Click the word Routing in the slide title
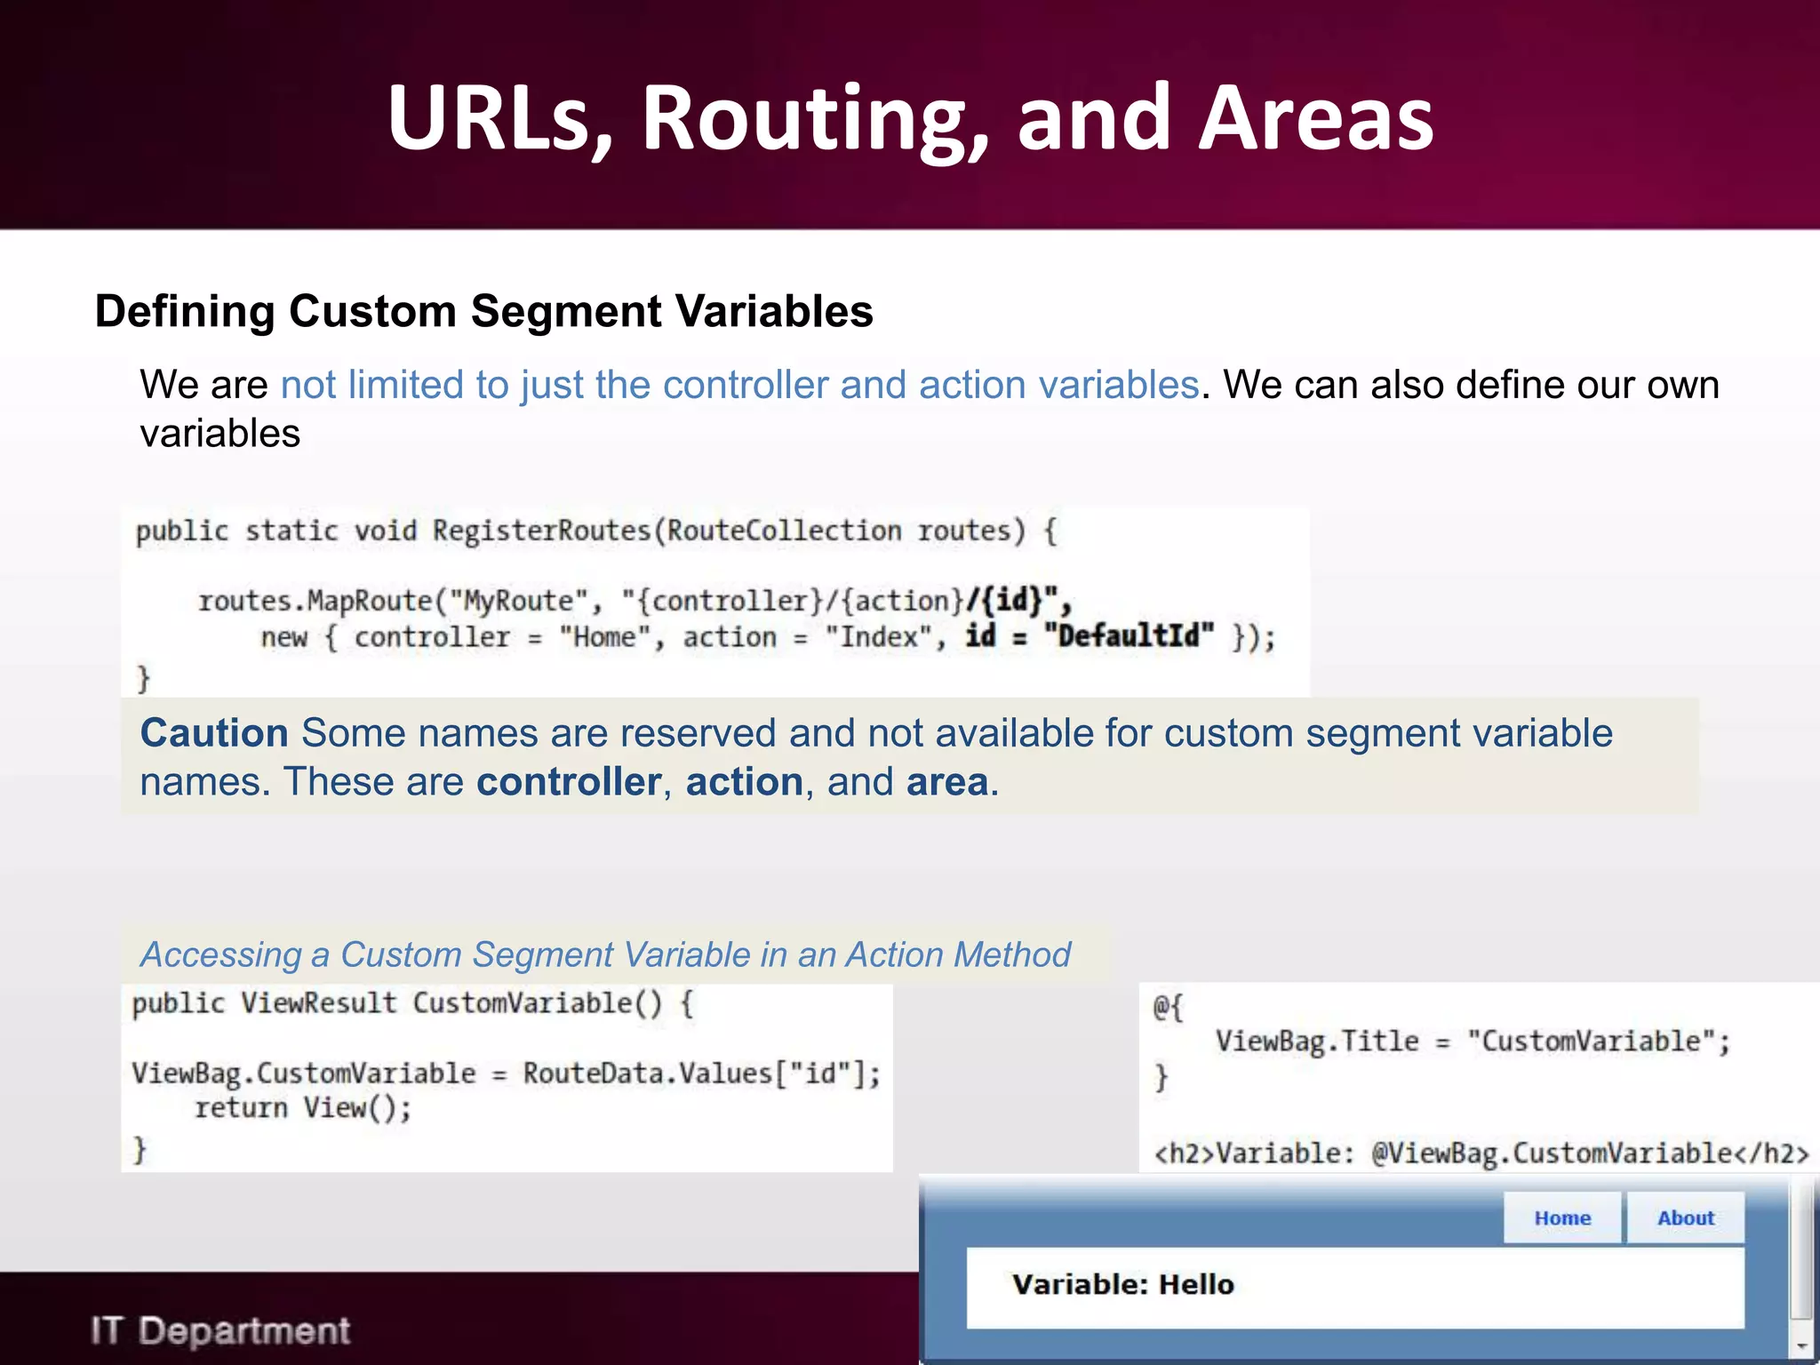coord(814,118)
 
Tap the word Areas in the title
coord(1315,118)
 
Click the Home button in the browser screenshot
coord(1562,1217)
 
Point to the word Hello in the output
coord(1196,1284)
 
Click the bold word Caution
coord(214,733)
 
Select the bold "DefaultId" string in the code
coord(1129,636)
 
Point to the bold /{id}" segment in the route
coord(1018,602)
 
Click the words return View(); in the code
coord(303,1108)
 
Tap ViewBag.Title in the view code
coord(1317,1041)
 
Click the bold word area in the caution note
coord(947,783)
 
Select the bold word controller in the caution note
coord(569,783)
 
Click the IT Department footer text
coord(220,1331)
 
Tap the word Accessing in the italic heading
coord(221,955)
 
